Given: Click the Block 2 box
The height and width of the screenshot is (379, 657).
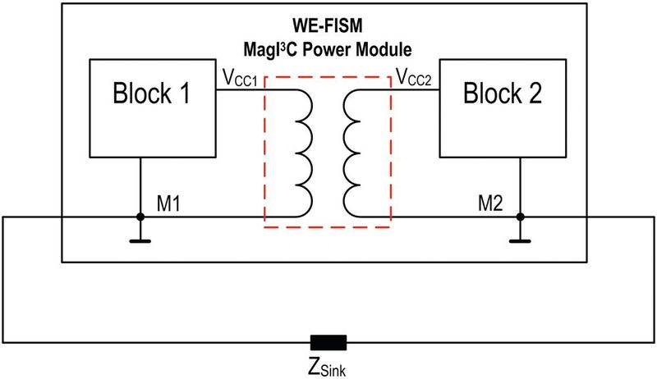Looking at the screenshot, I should (503, 107).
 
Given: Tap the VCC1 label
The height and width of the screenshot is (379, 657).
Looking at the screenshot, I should (239, 79).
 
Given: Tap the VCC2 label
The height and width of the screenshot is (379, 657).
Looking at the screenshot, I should (416, 79).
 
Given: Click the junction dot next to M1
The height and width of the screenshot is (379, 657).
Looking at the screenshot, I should (140, 217).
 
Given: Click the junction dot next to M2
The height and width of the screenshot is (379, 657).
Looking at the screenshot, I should (520, 217).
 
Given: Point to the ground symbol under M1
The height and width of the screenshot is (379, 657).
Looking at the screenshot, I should (140, 240).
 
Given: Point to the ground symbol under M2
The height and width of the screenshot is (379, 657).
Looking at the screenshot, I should (520, 240).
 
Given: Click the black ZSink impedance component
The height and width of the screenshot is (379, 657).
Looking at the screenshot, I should (328, 342).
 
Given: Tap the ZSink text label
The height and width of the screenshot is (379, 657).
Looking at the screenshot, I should (327, 366).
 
